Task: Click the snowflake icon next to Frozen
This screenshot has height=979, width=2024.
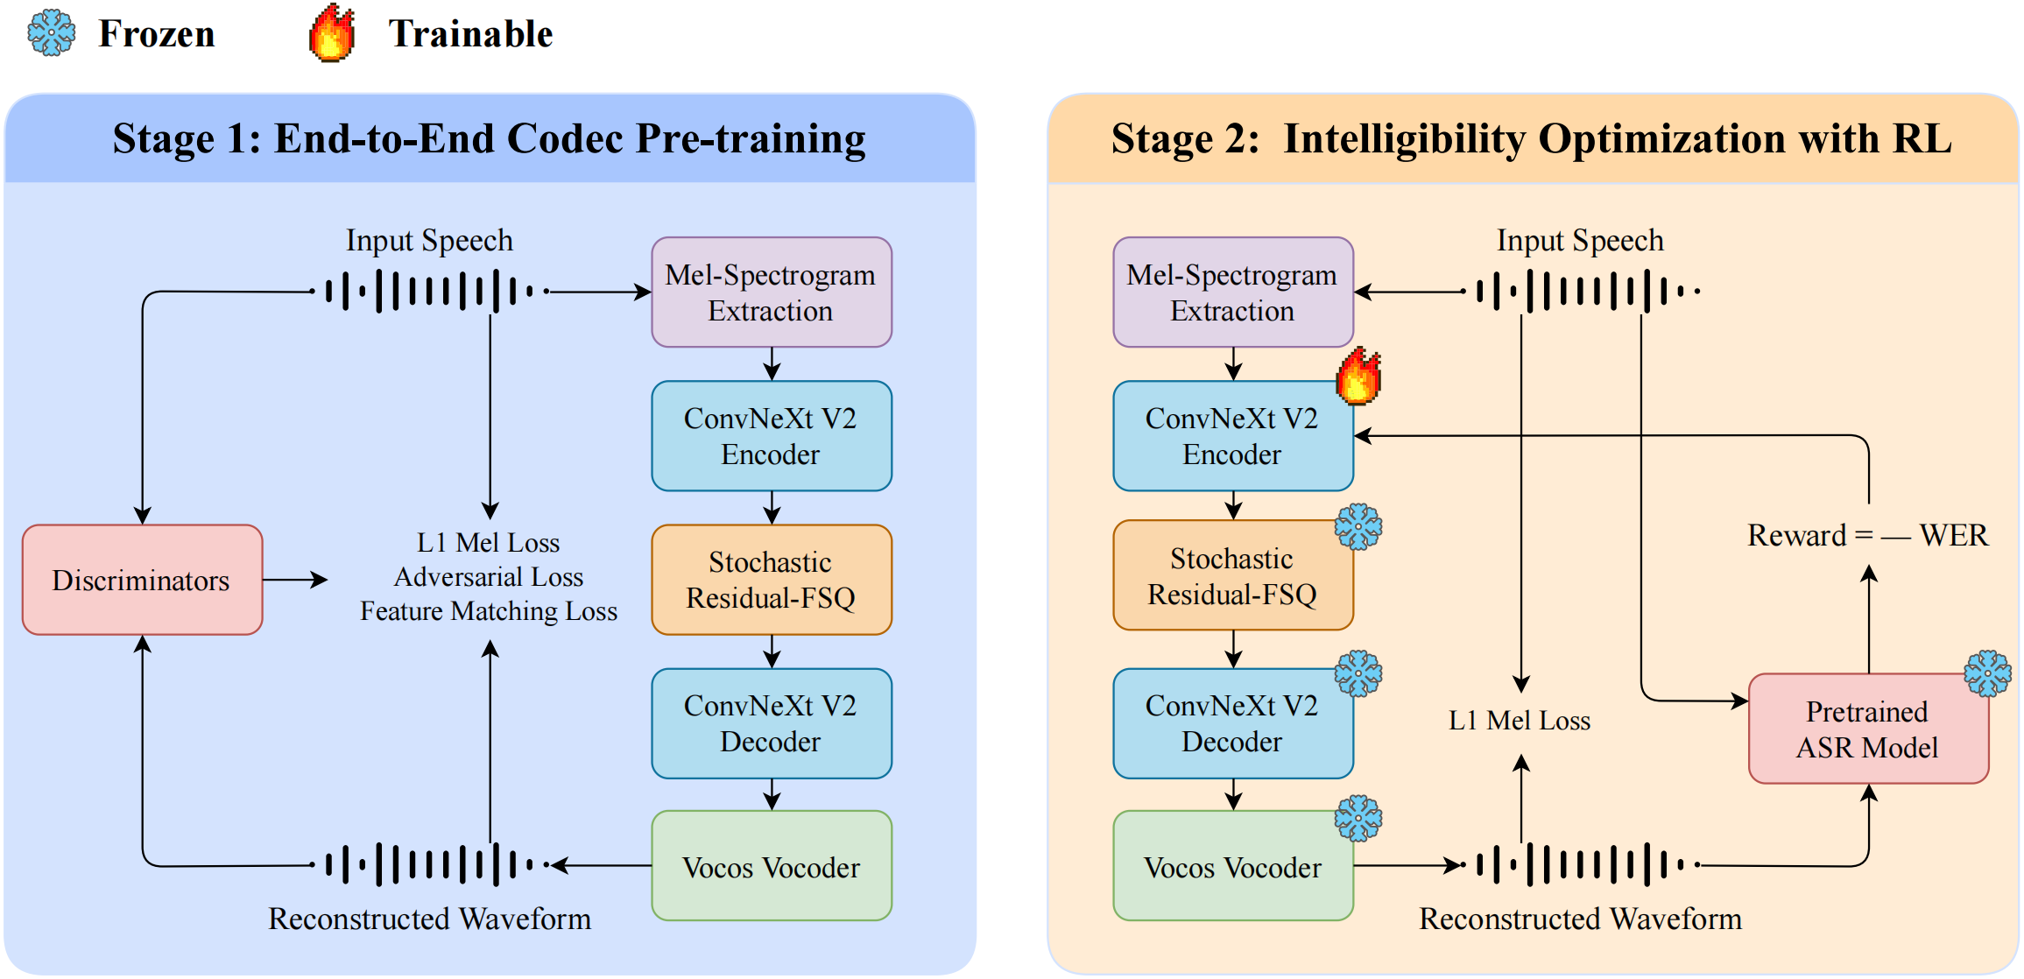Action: pos(52,33)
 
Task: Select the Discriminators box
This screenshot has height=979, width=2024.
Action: pos(142,580)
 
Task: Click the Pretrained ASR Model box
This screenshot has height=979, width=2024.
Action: pos(1867,729)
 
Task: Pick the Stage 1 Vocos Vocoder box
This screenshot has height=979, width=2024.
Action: pos(771,866)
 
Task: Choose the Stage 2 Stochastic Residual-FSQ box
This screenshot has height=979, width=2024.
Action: pos(1232,576)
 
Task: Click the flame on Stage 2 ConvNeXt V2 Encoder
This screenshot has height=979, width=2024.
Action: pos(1358,376)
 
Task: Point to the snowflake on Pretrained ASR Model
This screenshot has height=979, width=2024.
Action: pos(1987,673)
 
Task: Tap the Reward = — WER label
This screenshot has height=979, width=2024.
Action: pos(1867,535)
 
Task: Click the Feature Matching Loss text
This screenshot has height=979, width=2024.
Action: pos(489,611)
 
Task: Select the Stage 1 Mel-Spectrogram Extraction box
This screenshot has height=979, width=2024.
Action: pos(771,292)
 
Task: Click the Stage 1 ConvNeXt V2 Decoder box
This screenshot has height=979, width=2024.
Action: pos(771,723)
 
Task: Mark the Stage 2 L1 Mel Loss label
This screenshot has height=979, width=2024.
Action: pos(1520,721)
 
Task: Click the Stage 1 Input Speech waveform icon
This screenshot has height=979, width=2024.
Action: pos(429,292)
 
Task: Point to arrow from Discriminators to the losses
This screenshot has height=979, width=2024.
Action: pos(295,580)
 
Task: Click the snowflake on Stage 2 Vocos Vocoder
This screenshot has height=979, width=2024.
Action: pos(1358,819)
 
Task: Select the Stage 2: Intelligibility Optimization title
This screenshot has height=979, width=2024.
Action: pos(1531,139)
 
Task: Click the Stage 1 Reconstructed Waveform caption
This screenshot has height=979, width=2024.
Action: pos(429,919)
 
